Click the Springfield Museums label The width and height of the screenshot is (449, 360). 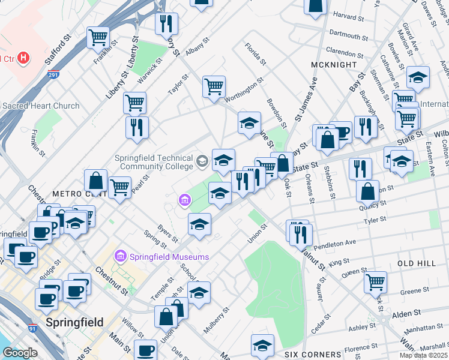[x=167, y=257]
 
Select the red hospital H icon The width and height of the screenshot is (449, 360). [x=23, y=58]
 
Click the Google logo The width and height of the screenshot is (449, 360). [x=20, y=353]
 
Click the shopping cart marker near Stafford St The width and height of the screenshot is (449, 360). [x=98, y=37]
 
